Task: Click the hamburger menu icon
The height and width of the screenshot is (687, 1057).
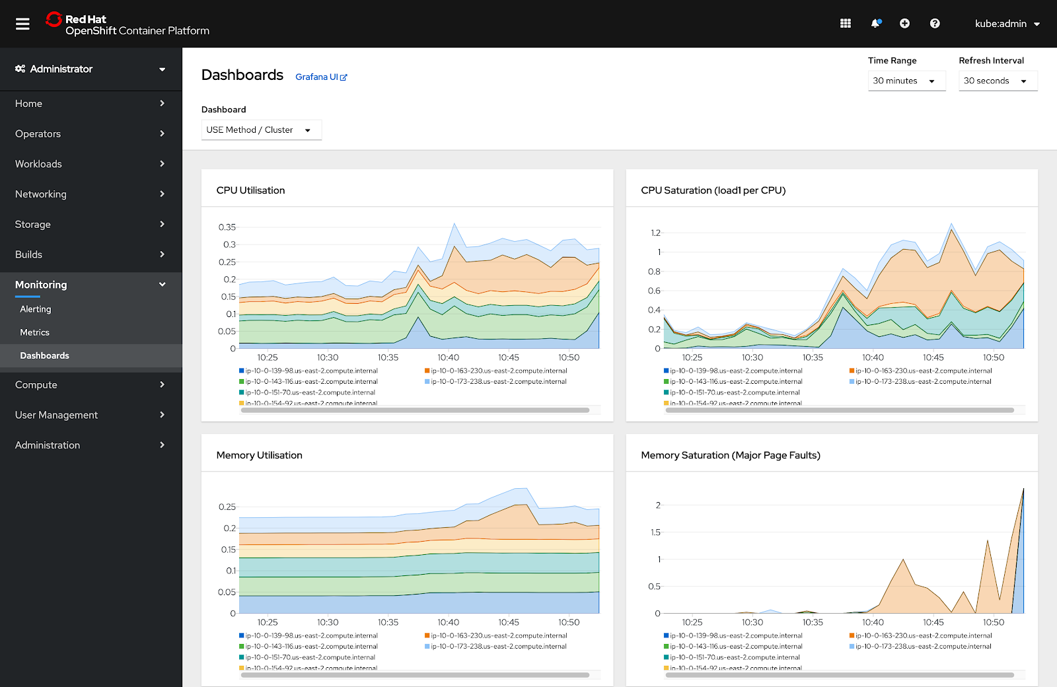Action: [x=22, y=24]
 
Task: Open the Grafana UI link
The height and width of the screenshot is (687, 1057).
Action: [x=320, y=77]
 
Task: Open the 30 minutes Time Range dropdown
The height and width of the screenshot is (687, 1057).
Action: [x=906, y=81]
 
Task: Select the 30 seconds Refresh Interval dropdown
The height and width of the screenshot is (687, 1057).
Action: [x=997, y=81]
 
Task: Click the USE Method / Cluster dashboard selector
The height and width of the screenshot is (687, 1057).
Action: [x=261, y=130]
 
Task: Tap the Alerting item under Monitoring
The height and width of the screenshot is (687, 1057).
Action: [x=36, y=309]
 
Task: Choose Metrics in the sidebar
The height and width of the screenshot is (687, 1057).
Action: [x=35, y=332]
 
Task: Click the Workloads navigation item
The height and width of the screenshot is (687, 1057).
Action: [x=39, y=164]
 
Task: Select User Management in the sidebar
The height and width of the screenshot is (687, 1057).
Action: [x=57, y=415]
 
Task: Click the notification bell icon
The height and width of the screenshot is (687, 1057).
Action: [x=875, y=24]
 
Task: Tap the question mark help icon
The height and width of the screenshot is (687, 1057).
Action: [x=935, y=24]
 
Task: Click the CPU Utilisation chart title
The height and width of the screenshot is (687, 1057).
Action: [x=251, y=190]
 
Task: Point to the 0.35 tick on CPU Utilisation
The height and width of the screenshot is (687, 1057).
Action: [x=227, y=227]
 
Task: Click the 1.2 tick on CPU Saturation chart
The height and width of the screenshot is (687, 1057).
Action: [x=655, y=233]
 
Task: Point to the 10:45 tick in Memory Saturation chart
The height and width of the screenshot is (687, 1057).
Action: [x=933, y=622]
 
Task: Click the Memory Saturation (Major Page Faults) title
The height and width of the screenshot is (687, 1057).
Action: [x=731, y=455]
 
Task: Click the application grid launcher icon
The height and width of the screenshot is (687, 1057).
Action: [x=845, y=24]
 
